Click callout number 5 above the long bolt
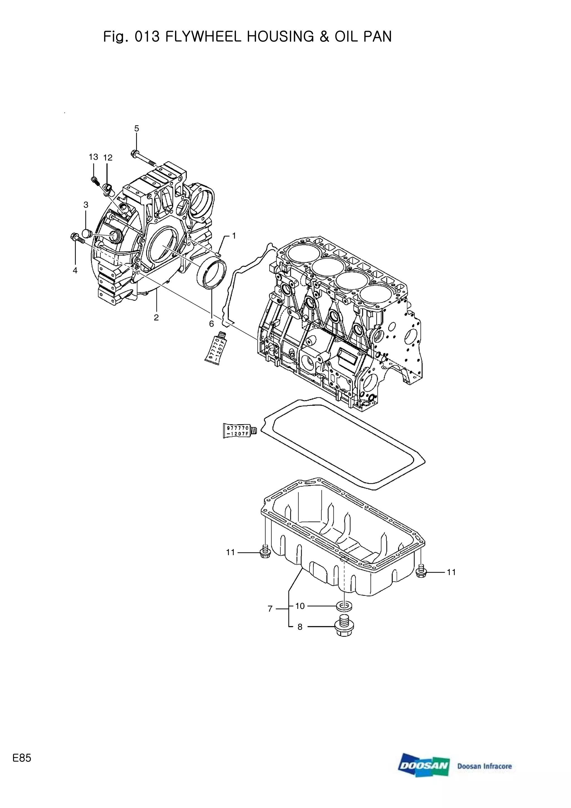pos(137,129)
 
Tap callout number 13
pos(93,157)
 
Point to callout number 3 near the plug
pos(86,205)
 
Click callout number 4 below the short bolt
pos(75,271)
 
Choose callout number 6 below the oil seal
pos(211,324)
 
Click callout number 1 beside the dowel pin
pos(234,236)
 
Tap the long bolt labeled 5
pos(144,158)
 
